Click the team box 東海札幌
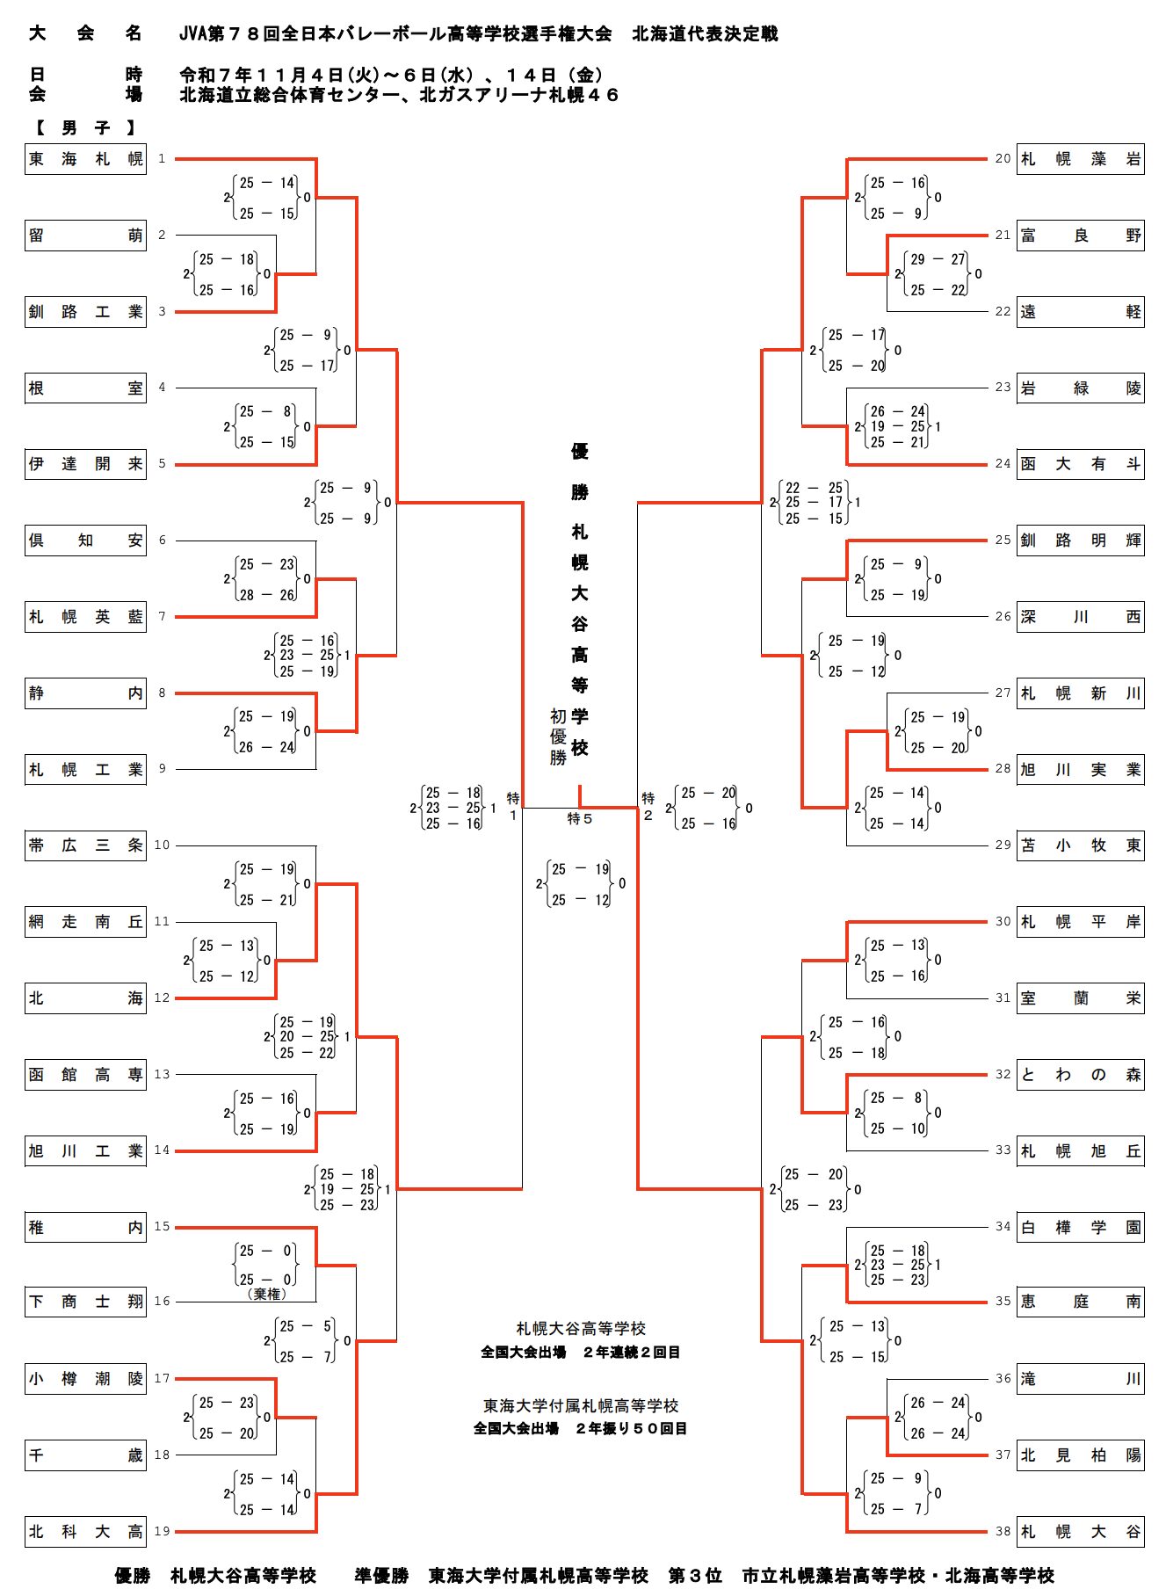coord(85,159)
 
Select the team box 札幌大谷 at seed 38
coord(1080,1532)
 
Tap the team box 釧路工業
coord(85,312)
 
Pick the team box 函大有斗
coord(1080,464)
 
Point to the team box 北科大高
coord(85,1532)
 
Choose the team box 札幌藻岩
coord(1080,159)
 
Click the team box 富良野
coord(1080,236)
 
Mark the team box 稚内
coord(85,1227)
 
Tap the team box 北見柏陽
coord(1080,1455)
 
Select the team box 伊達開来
coord(85,464)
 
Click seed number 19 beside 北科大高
coord(162,1531)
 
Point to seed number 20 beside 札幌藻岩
coord(1003,159)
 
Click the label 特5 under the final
coord(580,819)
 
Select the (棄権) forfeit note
coord(266,1294)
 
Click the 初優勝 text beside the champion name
coord(558,736)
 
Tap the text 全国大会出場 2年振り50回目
coord(580,1428)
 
